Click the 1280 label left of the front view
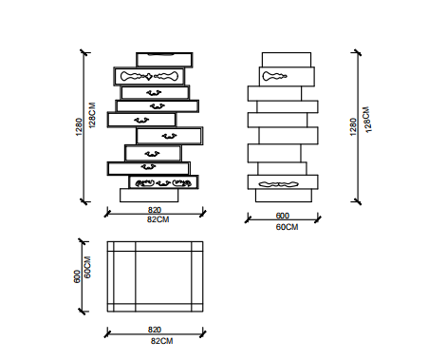pyautogui.click(x=79, y=127)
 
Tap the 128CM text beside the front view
pyautogui.click(x=92, y=115)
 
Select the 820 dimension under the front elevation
pyautogui.click(x=155, y=210)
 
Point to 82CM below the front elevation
pyautogui.click(x=158, y=219)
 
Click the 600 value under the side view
pyautogui.click(x=283, y=216)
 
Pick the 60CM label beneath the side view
pyautogui.click(x=287, y=227)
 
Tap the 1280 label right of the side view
pyautogui.click(x=353, y=127)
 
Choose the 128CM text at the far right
pyautogui.click(x=367, y=120)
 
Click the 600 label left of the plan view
pyautogui.click(x=77, y=276)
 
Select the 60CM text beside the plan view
pyautogui.click(x=87, y=267)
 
